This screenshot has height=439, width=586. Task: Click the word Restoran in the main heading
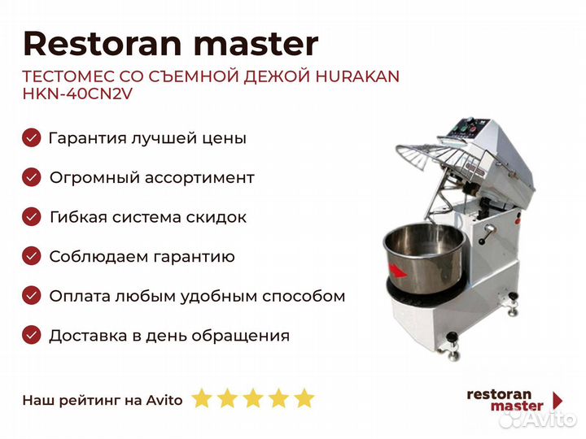click(103, 44)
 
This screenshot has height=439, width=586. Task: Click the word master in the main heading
click(256, 45)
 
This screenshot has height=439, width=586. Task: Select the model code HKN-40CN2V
click(78, 93)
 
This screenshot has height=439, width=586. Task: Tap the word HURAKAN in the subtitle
click(357, 76)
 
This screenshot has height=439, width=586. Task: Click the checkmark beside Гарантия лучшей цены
click(32, 137)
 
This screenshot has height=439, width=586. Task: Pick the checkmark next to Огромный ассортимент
click(32, 177)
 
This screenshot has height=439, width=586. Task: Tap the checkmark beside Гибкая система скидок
click(32, 217)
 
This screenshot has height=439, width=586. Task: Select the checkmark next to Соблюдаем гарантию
click(32, 256)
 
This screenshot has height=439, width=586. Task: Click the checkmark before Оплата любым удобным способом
click(32, 296)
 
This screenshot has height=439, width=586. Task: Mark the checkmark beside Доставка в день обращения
click(32, 335)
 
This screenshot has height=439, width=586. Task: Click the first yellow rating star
click(202, 398)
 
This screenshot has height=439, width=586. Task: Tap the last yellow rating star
click(304, 398)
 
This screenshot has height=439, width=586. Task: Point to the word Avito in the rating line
click(164, 400)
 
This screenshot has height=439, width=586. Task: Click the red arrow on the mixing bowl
click(398, 271)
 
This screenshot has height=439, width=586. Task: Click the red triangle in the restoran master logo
click(558, 400)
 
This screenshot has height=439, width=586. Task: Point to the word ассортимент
click(199, 178)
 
